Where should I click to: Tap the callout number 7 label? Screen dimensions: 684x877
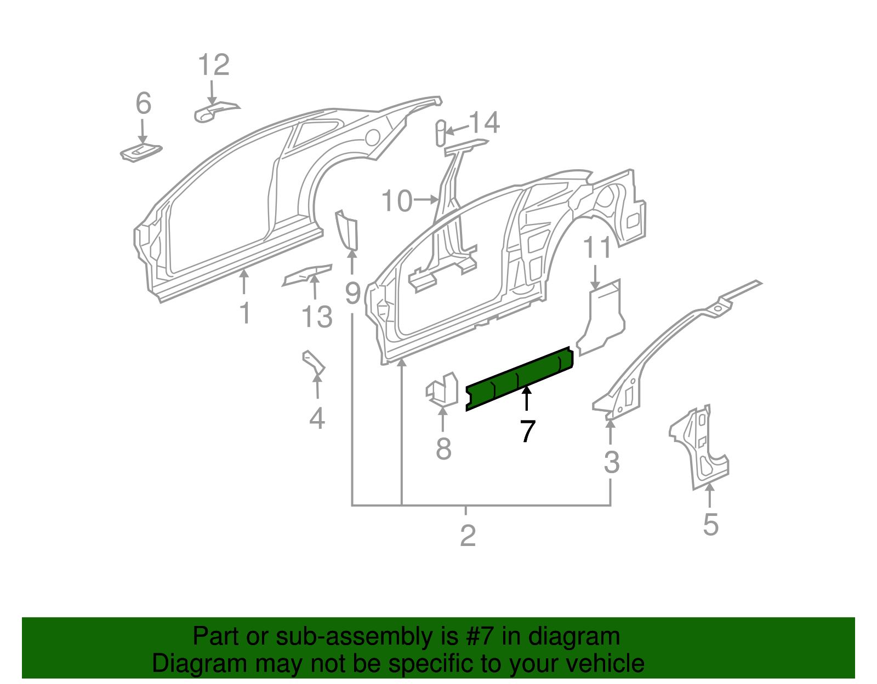pos(527,431)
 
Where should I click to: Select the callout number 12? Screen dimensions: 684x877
pos(213,65)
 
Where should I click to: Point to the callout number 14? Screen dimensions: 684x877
pos(485,123)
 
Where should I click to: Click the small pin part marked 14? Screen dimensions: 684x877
pos(440,133)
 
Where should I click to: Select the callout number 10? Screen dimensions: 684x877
pos(397,201)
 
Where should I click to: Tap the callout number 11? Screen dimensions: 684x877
pos(597,248)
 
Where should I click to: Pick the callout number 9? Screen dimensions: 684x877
pos(353,294)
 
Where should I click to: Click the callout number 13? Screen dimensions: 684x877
pos(317,317)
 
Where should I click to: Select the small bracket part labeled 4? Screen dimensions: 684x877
pos(314,364)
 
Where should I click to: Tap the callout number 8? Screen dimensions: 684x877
pos(443,449)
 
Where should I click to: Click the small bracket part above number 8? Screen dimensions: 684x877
pos(442,389)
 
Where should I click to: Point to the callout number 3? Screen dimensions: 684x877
pos(611,463)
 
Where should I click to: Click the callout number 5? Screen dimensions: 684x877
pos(710,525)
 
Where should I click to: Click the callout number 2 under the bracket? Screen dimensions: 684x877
pos(468,535)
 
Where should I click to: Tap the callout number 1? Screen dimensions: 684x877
pos(245,313)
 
